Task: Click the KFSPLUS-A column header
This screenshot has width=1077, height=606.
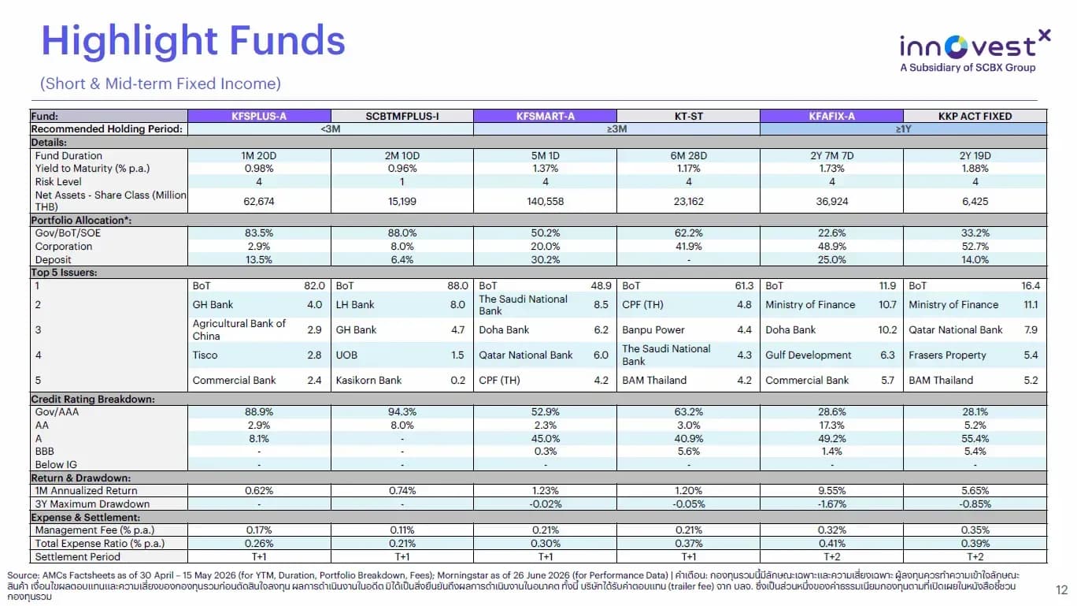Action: [x=259, y=116]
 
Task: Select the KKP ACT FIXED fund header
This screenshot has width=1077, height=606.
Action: [x=975, y=116]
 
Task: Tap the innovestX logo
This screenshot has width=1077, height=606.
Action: [x=974, y=51]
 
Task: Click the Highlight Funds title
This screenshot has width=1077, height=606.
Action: [x=194, y=41]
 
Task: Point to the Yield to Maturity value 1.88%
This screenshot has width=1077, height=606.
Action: [x=975, y=169]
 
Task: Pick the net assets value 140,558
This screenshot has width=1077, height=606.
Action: [x=545, y=201]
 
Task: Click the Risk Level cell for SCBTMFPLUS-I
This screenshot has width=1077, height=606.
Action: [x=402, y=182]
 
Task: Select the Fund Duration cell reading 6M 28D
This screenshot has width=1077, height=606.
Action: [x=688, y=155]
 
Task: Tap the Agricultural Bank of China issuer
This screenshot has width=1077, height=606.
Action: [x=239, y=329]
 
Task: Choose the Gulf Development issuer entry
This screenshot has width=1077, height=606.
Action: [x=808, y=355]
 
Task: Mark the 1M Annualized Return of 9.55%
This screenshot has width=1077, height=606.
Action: [x=831, y=490]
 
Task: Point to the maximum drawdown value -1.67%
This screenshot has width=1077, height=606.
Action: [x=831, y=504]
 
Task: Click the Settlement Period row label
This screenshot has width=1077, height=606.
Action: [x=77, y=556]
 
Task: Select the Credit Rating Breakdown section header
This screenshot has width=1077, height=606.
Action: [x=93, y=399]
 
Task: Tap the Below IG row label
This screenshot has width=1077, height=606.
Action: [x=56, y=464]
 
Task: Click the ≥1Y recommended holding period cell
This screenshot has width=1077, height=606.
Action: [x=903, y=129]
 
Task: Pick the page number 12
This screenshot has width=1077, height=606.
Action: [x=1061, y=589]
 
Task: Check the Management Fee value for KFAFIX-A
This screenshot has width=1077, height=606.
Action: [x=831, y=530]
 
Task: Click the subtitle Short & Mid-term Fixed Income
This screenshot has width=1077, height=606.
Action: [x=160, y=84]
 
